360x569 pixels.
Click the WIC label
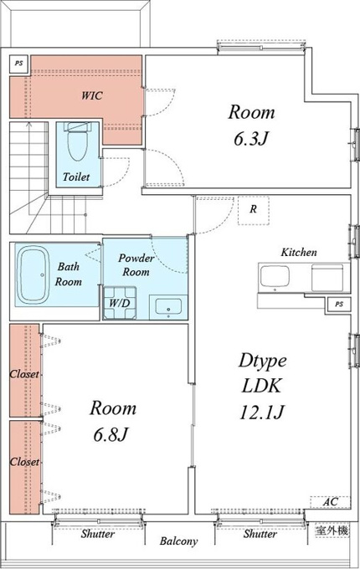tap(92, 95)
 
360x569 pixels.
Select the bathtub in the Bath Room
tap(33, 274)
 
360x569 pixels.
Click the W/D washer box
tap(120, 303)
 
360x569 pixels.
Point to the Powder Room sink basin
tap(168, 306)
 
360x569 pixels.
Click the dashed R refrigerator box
tap(254, 210)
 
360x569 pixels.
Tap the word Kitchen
tap(299, 252)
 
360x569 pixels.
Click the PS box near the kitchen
tap(339, 304)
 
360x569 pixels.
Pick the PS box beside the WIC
tap(19, 63)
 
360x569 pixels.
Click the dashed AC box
tap(330, 502)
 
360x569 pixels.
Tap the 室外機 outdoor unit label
tap(332, 531)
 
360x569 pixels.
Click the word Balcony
tap(178, 541)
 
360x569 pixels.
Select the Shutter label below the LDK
tap(260, 534)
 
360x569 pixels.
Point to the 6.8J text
tap(111, 434)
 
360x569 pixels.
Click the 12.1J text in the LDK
tap(261, 412)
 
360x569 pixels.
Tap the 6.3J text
tap(251, 138)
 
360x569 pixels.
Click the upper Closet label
tap(24, 374)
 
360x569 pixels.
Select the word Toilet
tap(76, 177)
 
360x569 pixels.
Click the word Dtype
tap(263, 361)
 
